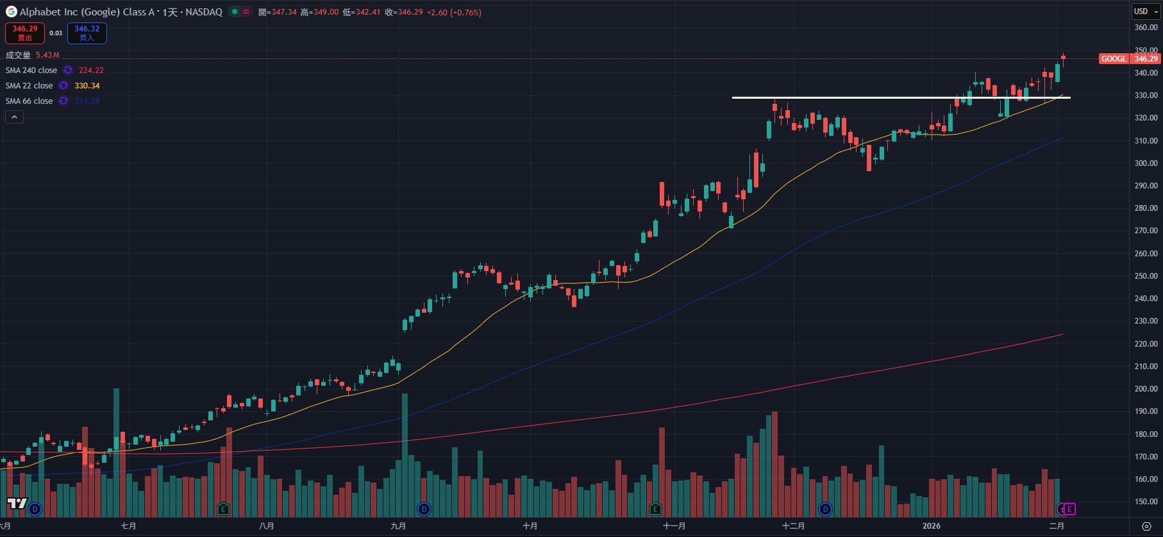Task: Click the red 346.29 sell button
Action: [x=25, y=33]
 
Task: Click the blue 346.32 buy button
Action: [x=87, y=33]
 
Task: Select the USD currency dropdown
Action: [x=1145, y=12]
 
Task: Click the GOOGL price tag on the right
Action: [x=1114, y=59]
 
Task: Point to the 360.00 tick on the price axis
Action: [x=1146, y=28]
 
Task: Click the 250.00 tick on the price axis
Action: [x=1146, y=276]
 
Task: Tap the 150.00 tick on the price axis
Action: [x=1146, y=502]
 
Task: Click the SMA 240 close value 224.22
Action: [x=91, y=70]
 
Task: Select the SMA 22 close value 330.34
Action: [x=87, y=86]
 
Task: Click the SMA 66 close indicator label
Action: [x=29, y=101]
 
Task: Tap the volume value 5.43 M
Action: [x=47, y=55]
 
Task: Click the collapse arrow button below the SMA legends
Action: [x=14, y=117]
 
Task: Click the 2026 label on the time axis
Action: [x=931, y=526]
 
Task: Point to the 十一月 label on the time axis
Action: [x=674, y=526]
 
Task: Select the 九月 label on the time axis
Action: [x=398, y=526]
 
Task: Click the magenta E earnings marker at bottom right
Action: [x=1069, y=509]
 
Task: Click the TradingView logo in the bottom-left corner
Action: [x=17, y=504]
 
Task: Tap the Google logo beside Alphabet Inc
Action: [x=11, y=12]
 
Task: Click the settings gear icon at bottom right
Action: [x=1146, y=526]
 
